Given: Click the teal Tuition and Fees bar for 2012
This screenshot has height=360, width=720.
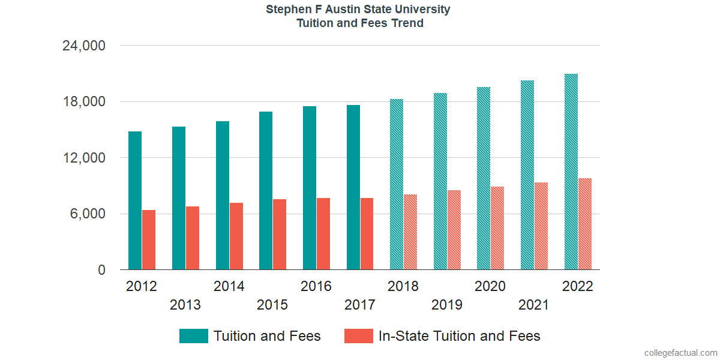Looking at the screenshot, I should click(x=135, y=200).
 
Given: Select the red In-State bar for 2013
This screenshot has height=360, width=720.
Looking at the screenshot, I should click(x=193, y=238).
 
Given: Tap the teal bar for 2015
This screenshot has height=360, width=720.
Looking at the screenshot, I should click(x=266, y=191).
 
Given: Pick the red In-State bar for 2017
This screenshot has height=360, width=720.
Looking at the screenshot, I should click(x=367, y=234).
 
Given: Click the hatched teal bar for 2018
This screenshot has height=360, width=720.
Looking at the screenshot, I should click(x=397, y=184).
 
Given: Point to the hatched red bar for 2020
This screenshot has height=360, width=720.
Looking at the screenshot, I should click(x=497, y=228).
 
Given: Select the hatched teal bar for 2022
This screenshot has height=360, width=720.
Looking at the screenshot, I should click(x=571, y=172).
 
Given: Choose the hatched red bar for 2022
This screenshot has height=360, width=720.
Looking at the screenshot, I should click(x=585, y=224).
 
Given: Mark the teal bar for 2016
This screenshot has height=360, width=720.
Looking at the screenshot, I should click(x=310, y=188).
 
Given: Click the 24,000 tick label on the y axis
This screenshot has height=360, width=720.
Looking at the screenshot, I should click(x=84, y=46).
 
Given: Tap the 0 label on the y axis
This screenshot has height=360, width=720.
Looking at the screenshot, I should click(x=101, y=271).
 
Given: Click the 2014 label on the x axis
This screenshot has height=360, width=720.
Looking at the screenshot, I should click(x=229, y=286).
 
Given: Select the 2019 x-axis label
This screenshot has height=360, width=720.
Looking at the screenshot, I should click(x=447, y=305).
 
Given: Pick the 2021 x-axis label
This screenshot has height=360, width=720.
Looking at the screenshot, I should click(x=534, y=305).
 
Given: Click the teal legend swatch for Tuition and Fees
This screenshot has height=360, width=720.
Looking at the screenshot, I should click(x=194, y=336).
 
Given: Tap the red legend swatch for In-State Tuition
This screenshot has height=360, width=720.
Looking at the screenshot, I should click(x=358, y=336).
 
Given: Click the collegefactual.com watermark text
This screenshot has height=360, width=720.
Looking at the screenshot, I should click(x=680, y=352).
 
